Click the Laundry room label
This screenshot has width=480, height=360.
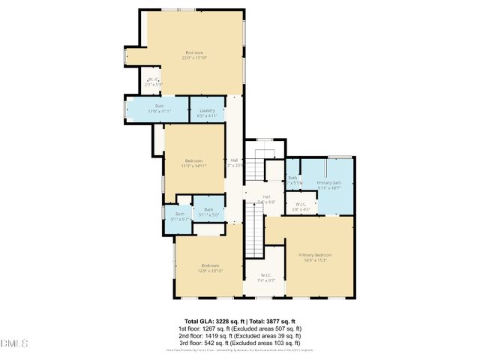(206, 110)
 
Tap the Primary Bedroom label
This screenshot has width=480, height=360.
(315, 255)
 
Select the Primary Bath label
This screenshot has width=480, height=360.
(328, 183)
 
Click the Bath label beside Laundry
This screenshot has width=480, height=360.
(159, 106)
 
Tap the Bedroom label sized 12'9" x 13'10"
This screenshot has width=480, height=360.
(210, 265)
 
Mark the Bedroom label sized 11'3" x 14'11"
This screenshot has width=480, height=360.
(194, 160)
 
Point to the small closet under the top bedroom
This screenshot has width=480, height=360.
(153, 81)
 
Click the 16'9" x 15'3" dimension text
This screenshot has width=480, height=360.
(315, 260)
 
